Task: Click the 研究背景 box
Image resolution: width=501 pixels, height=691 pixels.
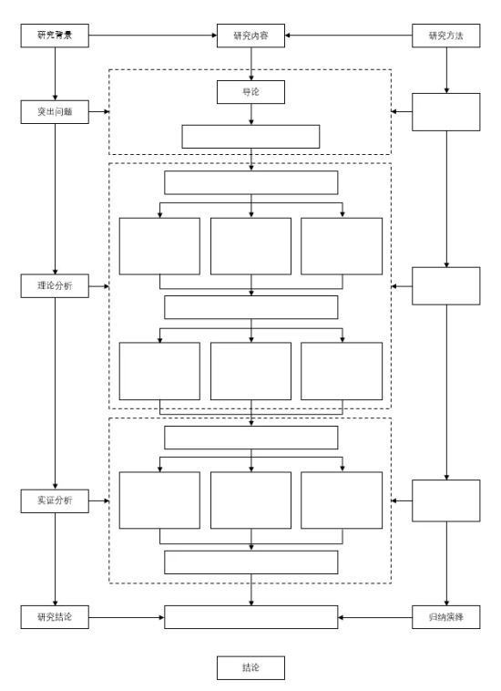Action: point(55,36)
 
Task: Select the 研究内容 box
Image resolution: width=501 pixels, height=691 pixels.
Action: point(250,36)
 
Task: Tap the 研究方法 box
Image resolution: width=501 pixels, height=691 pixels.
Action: point(446,36)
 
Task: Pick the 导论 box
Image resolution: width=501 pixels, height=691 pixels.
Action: point(250,92)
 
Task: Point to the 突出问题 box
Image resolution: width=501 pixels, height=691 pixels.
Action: point(55,112)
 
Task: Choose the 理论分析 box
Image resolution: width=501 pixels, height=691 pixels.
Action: point(55,286)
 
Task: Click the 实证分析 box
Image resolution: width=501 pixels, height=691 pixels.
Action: point(55,501)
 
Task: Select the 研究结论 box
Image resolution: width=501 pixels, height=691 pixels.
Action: point(55,617)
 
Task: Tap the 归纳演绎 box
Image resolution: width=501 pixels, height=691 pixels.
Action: point(446,617)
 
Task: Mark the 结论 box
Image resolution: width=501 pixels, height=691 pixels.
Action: point(250,667)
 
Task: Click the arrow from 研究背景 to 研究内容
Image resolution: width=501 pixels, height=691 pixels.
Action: point(153,36)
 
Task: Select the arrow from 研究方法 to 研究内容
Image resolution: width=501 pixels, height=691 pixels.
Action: point(349,36)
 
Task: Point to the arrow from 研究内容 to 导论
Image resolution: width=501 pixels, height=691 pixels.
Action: point(251,64)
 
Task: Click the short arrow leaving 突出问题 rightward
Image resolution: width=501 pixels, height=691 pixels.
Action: point(99,112)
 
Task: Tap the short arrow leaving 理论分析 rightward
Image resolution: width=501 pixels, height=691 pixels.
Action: point(99,286)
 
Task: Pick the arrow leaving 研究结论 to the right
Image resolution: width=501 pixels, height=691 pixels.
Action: point(127,617)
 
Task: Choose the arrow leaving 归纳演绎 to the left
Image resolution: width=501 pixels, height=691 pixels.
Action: point(375,617)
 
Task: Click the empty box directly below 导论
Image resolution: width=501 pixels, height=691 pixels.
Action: point(250,137)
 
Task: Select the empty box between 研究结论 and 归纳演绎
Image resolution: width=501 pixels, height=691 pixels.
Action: point(250,617)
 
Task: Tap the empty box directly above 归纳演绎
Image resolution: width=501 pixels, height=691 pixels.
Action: point(446,500)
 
